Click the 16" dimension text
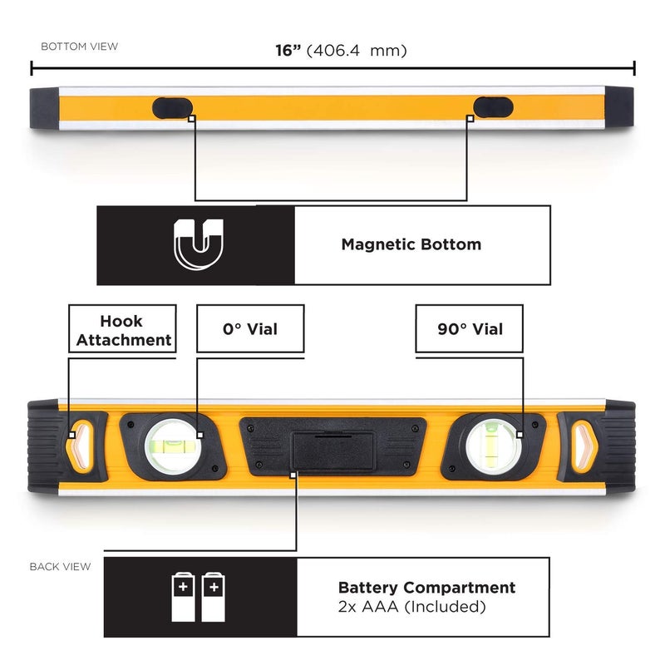[x=289, y=50]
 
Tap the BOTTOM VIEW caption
[x=79, y=47]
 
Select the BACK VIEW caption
[x=60, y=567]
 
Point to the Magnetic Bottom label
[x=411, y=244]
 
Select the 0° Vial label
[x=250, y=329]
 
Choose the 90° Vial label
[x=470, y=329]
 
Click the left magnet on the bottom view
[x=172, y=106]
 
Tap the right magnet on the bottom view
[x=495, y=106]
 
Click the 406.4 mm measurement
[x=357, y=51]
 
